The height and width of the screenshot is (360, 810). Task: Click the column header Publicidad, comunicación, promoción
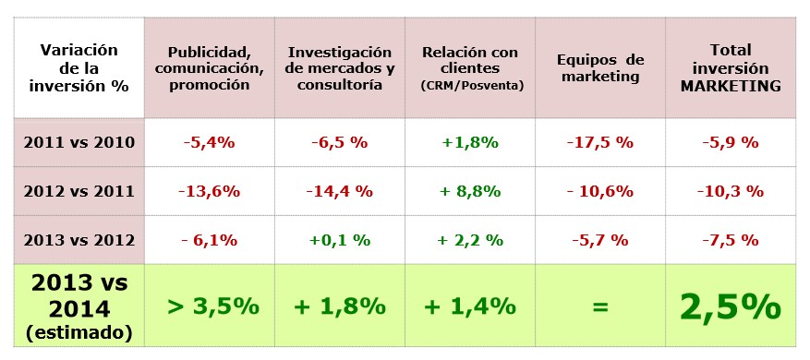210,69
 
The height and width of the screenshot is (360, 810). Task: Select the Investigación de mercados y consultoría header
340,69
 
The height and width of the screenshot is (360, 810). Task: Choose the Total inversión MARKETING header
731,69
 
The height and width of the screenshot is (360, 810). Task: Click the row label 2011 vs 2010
79,143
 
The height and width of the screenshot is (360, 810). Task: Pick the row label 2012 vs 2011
79,192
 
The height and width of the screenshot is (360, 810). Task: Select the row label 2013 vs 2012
79,240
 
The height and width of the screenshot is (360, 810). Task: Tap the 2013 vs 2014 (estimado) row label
79,306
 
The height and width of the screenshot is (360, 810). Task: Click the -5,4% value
210,143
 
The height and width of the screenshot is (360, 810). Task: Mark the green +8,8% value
469,192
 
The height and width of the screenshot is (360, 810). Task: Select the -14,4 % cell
339,192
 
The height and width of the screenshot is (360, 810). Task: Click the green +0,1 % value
339,240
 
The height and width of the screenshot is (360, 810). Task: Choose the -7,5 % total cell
731,240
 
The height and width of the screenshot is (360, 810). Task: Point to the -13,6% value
210,192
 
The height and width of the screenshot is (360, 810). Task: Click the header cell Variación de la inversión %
79,69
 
